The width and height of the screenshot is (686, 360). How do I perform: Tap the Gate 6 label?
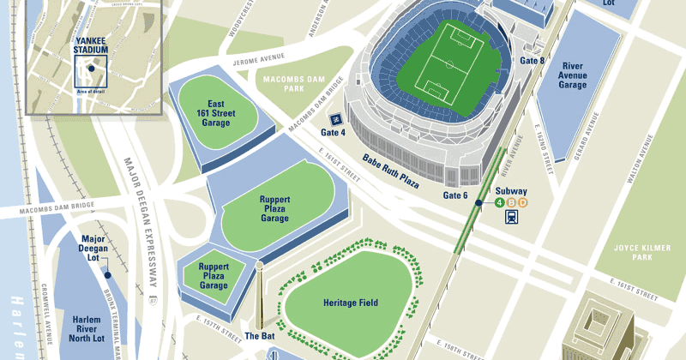[x=455, y=195]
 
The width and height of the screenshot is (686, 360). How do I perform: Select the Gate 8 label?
[x=532, y=61]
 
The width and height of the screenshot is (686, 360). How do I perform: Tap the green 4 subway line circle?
[x=498, y=202]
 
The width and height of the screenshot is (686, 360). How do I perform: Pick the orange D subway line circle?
[x=521, y=202]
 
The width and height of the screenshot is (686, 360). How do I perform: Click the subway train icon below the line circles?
[x=510, y=217]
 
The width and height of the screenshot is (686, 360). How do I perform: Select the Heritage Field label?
[x=351, y=303]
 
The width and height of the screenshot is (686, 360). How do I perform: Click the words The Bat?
[x=259, y=335]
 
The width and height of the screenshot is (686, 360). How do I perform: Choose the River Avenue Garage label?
[x=573, y=75]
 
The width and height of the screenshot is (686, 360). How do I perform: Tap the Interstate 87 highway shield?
[x=153, y=302]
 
